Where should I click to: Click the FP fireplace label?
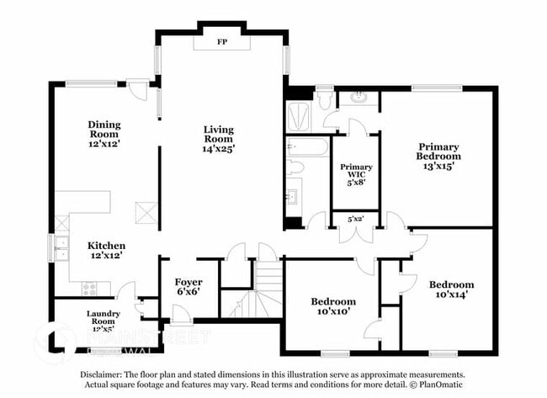pos(222,40)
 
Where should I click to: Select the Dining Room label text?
pos(104,129)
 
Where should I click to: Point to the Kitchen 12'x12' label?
pos(107,250)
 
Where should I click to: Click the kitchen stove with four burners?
pos(90,288)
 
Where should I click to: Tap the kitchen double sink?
pos(61,247)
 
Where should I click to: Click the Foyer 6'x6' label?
pos(188,286)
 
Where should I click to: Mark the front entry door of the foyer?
pos(182,316)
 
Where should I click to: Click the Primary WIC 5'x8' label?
pos(356,173)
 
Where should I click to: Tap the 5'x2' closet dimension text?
pos(356,219)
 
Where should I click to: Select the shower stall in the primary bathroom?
pos(298,116)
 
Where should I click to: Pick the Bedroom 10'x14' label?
pos(450,289)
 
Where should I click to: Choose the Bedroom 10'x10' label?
pos(333,306)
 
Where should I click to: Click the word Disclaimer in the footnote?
pos(104,374)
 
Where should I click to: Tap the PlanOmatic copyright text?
pos(438,385)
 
